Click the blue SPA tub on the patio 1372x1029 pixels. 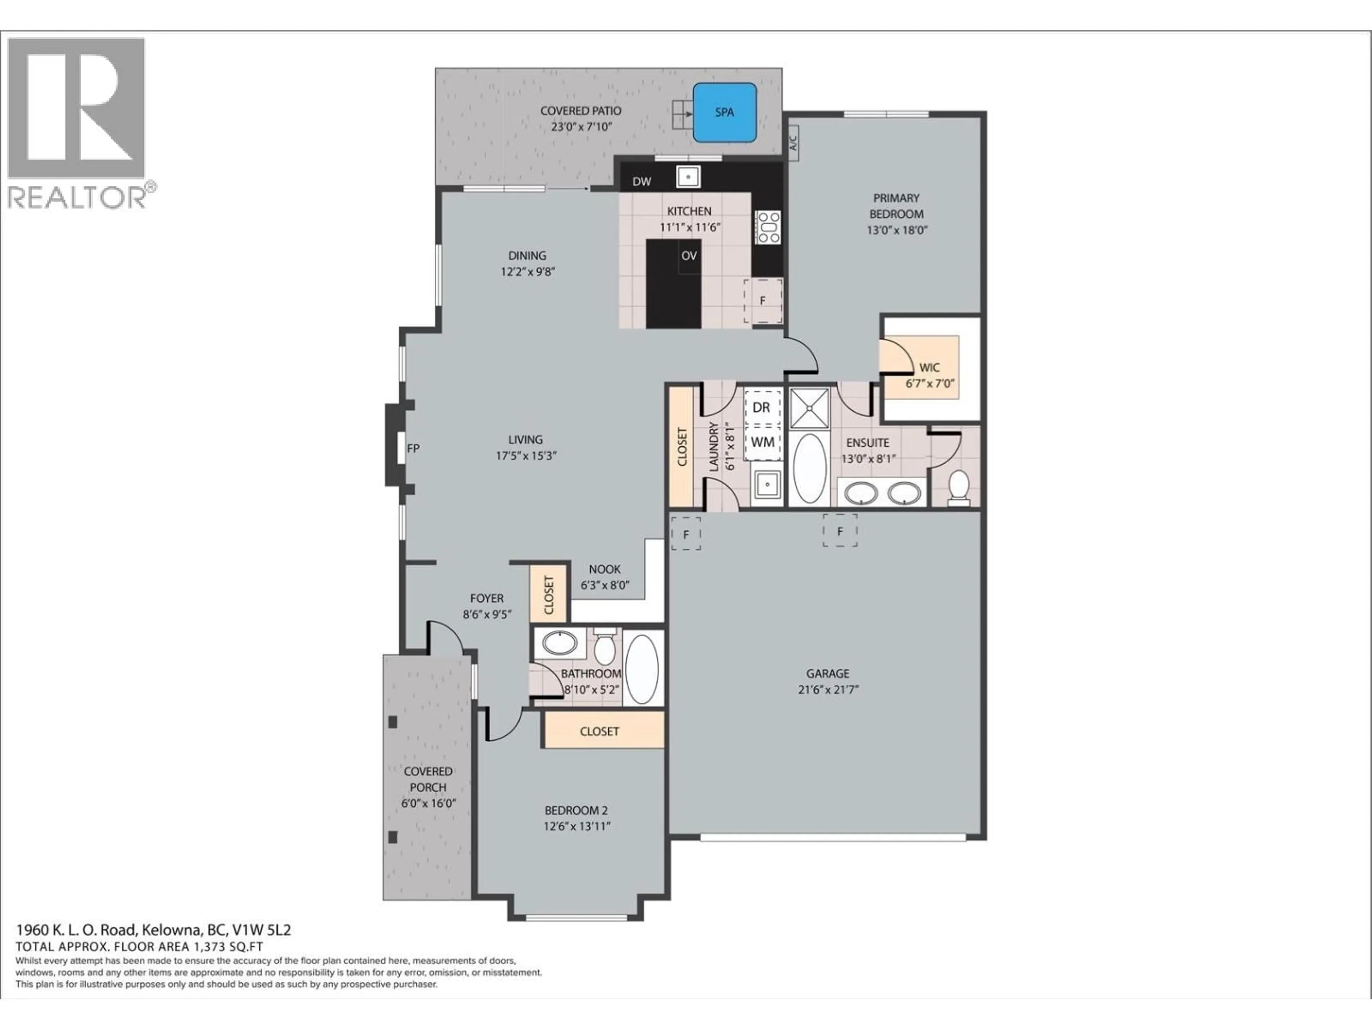(x=725, y=112)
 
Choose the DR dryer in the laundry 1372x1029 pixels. (x=762, y=408)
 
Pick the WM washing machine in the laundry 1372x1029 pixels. (x=762, y=442)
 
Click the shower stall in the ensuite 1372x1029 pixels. (x=809, y=408)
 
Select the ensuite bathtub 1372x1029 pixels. (x=809, y=469)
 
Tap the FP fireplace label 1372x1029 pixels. (x=413, y=448)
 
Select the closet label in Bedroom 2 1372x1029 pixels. (x=599, y=731)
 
